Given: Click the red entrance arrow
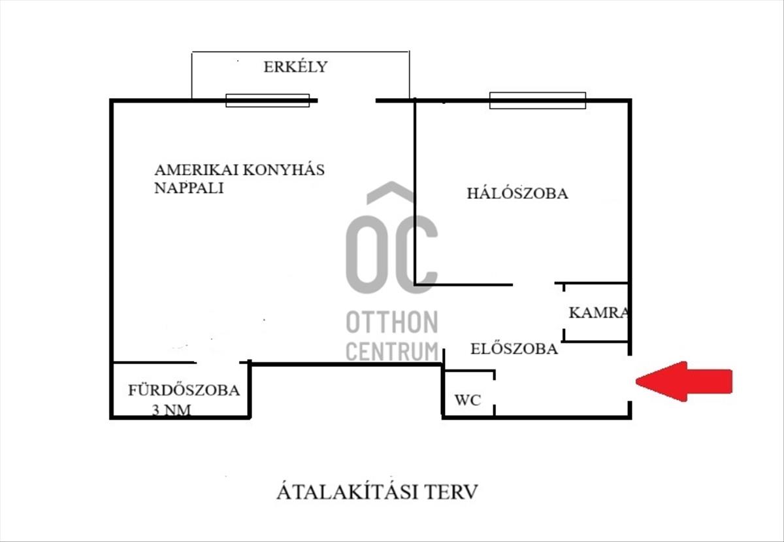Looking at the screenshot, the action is click(x=684, y=382).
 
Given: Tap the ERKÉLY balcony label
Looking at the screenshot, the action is click(x=295, y=67).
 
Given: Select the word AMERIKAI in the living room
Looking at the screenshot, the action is click(x=197, y=170).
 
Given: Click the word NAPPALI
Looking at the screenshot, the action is click(x=189, y=188).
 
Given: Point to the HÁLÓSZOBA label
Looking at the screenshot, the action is click(x=517, y=193).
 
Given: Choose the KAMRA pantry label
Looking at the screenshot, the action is click(x=598, y=313).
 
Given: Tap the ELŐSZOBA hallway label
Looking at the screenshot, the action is click(x=514, y=348).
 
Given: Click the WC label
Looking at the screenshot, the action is click(x=468, y=399).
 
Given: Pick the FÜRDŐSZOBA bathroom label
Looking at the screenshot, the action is click(x=184, y=390).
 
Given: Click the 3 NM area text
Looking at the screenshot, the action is click(x=171, y=410).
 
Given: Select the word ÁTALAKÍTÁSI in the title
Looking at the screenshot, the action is click(x=347, y=492).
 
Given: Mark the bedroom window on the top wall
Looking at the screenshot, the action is click(x=538, y=101).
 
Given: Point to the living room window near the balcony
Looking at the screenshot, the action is click(x=267, y=101).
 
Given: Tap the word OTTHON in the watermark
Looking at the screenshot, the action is click(x=391, y=322).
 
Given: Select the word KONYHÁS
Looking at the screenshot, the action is click(x=284, y=170).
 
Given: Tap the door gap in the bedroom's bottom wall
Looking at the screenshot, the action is click(x=534, y=284).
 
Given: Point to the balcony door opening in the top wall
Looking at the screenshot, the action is click(x=346, y=101).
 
